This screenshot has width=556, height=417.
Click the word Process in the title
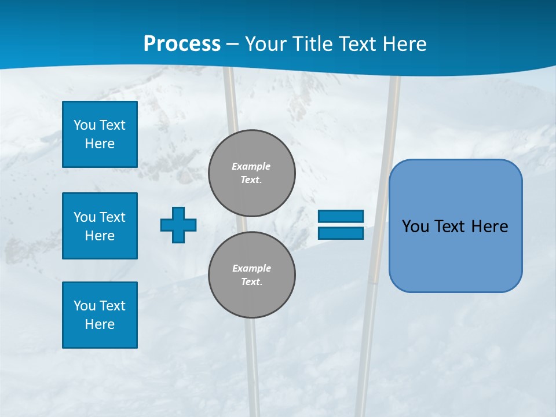(182, 44)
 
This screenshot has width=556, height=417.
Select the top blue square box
(100, 134)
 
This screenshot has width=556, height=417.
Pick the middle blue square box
(100, 226)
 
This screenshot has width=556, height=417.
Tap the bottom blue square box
(100, 315)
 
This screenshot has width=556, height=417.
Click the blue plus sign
(178, 225)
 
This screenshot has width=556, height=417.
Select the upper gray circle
(252, 173)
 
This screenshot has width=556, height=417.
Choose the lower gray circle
(252, 275)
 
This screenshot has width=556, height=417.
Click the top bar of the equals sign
(341, 217)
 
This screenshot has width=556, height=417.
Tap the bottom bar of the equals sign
(341, 233)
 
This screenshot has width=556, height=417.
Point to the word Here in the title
(405, 44)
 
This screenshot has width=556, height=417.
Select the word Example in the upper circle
(251, 166)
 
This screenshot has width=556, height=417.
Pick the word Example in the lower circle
(251, 268)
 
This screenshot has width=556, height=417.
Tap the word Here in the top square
(100, 144)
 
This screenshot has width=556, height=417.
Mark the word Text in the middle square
(112, 217)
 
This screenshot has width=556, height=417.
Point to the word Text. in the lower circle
(251, 282)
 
